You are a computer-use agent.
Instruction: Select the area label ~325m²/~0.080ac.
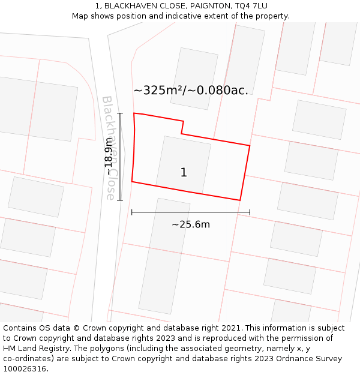click(x=191, y=91)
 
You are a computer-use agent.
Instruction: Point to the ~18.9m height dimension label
click(x=109, y=157)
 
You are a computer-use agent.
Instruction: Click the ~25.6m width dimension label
click(x=191, y=224)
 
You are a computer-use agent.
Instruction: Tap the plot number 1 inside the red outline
click(x=184, y=173)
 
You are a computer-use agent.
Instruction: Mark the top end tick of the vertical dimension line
click(x=120, y=113)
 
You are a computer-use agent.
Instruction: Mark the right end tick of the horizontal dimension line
click(x=250, y=212)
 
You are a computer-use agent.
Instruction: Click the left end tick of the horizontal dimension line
click(x=132, y=212)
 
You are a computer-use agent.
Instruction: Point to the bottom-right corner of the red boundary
click(x=240, y=200)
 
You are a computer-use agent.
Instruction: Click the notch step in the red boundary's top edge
click(x=182, y=127)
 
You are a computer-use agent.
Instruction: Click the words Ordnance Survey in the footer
click(x=311, y=359)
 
